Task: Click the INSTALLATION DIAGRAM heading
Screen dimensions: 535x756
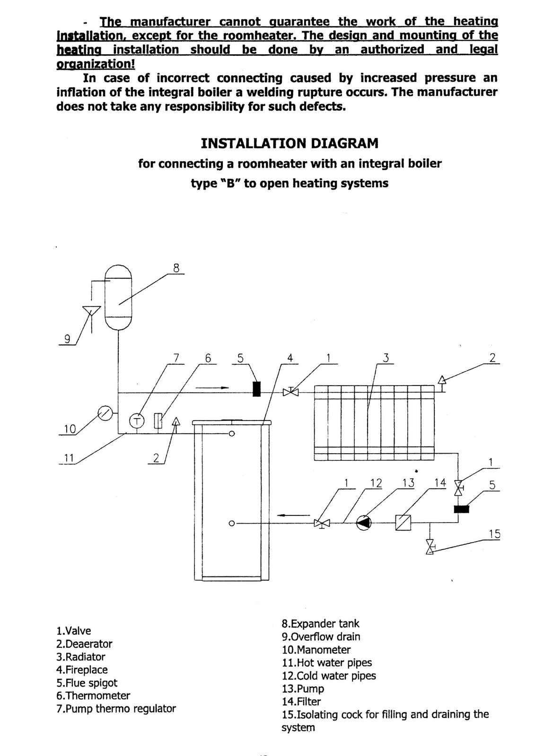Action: coord(289,144)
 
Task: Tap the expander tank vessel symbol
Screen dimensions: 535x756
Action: coord(118,297)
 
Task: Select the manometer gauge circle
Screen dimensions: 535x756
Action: coord(105,413)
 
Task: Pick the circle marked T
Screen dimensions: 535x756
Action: coord(137,421)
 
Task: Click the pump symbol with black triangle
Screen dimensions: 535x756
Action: coord(364,523)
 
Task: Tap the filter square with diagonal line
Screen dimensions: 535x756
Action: coord(403,523)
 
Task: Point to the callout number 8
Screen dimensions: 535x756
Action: coord(176,268)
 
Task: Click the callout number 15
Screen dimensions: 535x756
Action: coord(494,534)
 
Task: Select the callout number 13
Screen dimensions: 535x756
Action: coord(408,483)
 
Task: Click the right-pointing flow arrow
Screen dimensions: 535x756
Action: coord(212,388)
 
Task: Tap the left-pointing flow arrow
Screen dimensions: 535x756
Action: coord(293,515)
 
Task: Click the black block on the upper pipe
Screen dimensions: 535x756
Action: coord(257,389)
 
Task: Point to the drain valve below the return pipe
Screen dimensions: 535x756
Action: coord(430,546)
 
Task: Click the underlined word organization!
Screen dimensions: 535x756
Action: coord(96,64)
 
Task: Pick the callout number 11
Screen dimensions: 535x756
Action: coord(69,458)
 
